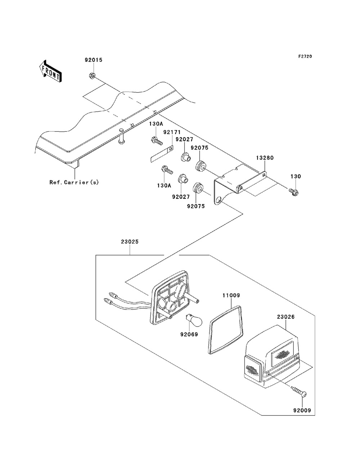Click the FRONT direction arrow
[51, 71]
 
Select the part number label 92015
[94, 60]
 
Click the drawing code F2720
[305, 56]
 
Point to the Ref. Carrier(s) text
[74, 182]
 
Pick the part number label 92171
[172, 132]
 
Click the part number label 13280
[265, 158]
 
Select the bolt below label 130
[294, 192]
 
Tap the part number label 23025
[130, 242]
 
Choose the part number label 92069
[189, 334]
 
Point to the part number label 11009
[231, 295]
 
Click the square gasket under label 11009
[226, 330]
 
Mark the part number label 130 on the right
[296, 176]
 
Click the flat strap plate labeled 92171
[161, 154]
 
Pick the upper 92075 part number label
[200, 148]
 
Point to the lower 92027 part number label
[181, 196]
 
